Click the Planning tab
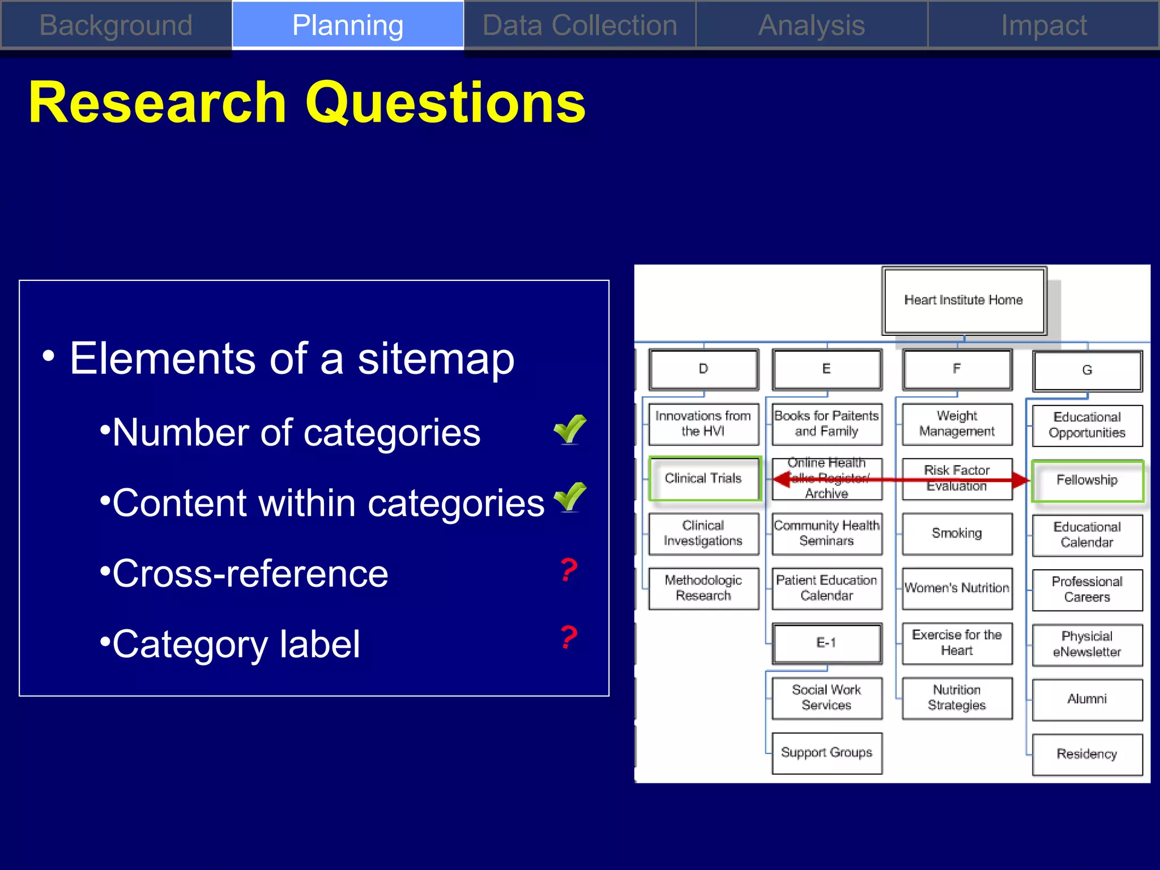(x=348, y=25)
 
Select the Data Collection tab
(x=579, y=25)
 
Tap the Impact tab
(x=1043, y=25)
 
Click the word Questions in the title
(x=445, y=103)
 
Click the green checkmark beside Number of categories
(x=570, y=430)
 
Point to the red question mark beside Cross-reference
(x=569, y=570)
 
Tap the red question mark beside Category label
(x=569, y=638)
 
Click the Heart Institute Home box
(x=963, y=300)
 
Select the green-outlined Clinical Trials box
(x=703, y=479)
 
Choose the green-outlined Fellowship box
(x=1087, y=480)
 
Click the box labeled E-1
(x=826, y=643)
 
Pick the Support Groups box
(x=826, y=753)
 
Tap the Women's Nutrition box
(x=957, y=588)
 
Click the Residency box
(x=1087, y=754)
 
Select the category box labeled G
(x=1087, y=370)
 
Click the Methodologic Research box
(x=703, y=588)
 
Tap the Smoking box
(x=957, y=534)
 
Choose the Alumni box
(x=1087, y=700)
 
